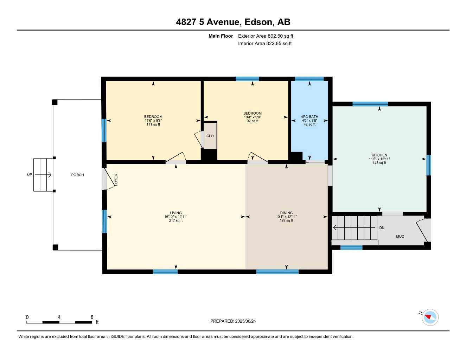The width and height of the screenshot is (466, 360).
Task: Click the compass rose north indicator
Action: click(x=429, y=317)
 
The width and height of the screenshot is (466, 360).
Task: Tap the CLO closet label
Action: click(x=210, y=136)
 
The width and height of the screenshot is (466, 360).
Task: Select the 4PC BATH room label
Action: click(x=309, y=117)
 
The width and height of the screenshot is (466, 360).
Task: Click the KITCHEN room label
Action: click(x=379, y=155)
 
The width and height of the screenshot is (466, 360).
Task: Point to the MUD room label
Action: click(x=400, y=237)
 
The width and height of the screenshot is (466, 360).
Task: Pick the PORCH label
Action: click(x=77, y=175)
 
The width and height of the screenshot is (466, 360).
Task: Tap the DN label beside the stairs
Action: click(x=382, y=228)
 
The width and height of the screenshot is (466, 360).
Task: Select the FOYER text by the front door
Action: click(x=116, y=180)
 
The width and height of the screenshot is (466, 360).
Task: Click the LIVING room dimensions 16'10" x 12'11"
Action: click(x=176, y=217)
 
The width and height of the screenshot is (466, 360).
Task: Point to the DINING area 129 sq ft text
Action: click(x=286, y=221)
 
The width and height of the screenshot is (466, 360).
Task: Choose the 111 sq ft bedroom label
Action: click(x=153, y=124)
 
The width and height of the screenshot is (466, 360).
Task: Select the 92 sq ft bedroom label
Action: click(x=253, y=121)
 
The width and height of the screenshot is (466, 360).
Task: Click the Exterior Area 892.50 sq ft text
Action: click(x=266, y=36)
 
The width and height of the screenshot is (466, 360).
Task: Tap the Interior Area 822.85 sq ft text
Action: click(x=265, y=44)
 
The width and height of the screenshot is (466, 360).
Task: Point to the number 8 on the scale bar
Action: click(x=92, y=317)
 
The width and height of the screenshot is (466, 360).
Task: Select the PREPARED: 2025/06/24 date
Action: click(x=233, y=321)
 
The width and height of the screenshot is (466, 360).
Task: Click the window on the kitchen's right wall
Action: click(x=428, y=165)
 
